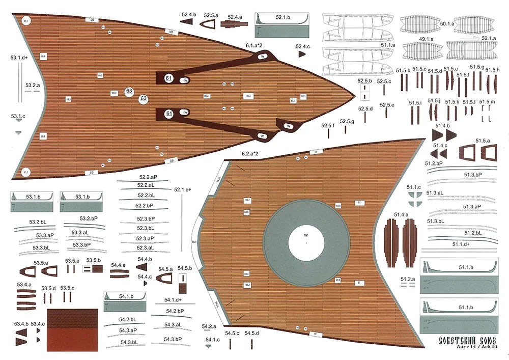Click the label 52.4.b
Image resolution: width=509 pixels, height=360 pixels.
pos(188,15)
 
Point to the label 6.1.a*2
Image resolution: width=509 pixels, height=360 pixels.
pos(253,45)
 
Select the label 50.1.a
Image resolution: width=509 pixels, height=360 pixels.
pos(447,24)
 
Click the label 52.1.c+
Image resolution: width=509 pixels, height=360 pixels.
pos(182,189)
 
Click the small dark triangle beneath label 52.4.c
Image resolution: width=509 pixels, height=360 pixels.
pos(302,53)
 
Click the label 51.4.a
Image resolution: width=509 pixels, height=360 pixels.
pos(402,215)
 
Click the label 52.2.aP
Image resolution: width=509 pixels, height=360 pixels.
pos(146,177)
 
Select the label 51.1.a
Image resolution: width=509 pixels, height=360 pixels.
pos(387,45)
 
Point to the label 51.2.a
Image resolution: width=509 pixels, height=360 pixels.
pos(408,279)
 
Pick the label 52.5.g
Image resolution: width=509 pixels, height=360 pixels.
pos(347,121)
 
